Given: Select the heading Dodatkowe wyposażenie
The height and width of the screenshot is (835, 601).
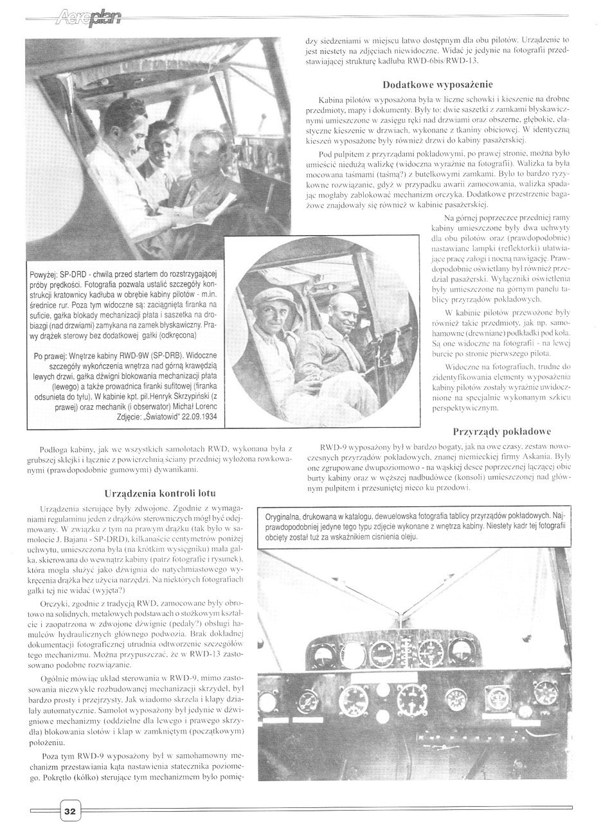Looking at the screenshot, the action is [438, 85].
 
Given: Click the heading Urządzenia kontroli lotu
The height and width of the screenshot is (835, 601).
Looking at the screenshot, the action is [159, 493].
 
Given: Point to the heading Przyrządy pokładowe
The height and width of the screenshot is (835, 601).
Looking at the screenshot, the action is [502, 432].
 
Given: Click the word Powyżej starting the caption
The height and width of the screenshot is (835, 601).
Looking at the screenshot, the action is [43, 276].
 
